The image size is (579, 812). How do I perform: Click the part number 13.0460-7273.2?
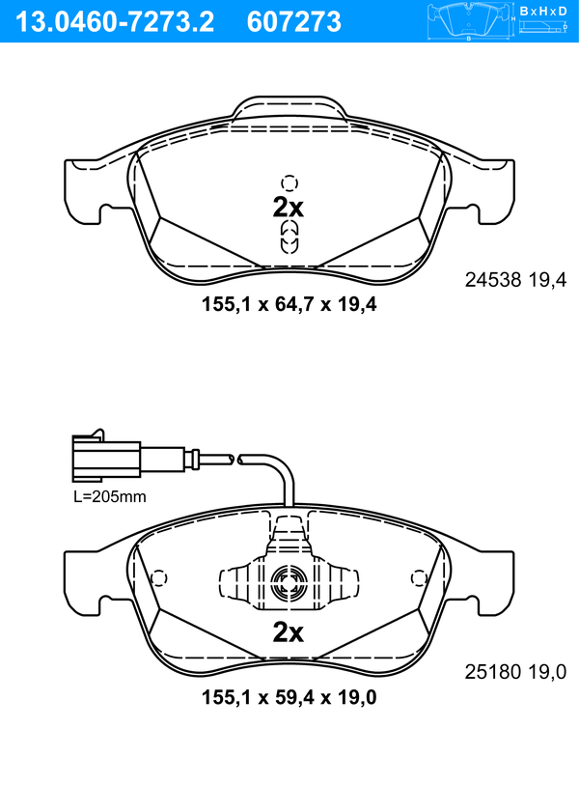coord(115,22)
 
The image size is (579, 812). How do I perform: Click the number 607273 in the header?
coord(294,22)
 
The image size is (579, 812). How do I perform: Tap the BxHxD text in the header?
coord(542,11)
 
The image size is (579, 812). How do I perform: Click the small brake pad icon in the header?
coord(469,22)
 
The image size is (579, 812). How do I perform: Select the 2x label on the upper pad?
coord(289,208)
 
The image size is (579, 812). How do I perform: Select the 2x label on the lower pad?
coord(289,632)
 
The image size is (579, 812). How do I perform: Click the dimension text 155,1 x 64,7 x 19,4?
coord(289,304)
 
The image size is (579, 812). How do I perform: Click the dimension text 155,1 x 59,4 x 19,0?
coord(289,697)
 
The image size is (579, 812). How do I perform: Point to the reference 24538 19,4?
coord(516,280)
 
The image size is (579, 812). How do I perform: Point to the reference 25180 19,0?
coord(516,672)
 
